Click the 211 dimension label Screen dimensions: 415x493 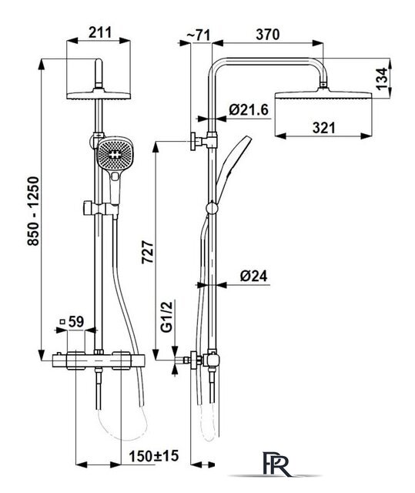[100, 32]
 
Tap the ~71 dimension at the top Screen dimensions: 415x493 [199, 35]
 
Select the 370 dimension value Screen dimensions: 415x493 [268, 34]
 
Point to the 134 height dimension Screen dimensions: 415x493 [382, 79]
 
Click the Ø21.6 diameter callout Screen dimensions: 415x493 [249, 109]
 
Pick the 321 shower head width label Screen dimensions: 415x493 [324, 128]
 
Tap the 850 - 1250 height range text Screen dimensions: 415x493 [33, 211]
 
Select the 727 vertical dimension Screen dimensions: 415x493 [148, 252]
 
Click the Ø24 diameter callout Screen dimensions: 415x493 [254, 276]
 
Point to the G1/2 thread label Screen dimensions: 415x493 [167, 317]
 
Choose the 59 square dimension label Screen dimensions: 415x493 [72, 322]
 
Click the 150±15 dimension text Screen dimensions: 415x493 [154, 456]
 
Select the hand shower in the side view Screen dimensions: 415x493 [233, 170]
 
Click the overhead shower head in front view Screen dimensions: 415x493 [99, 96]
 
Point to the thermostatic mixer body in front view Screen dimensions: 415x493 [99, 361]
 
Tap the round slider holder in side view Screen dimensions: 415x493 [212, 209]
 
